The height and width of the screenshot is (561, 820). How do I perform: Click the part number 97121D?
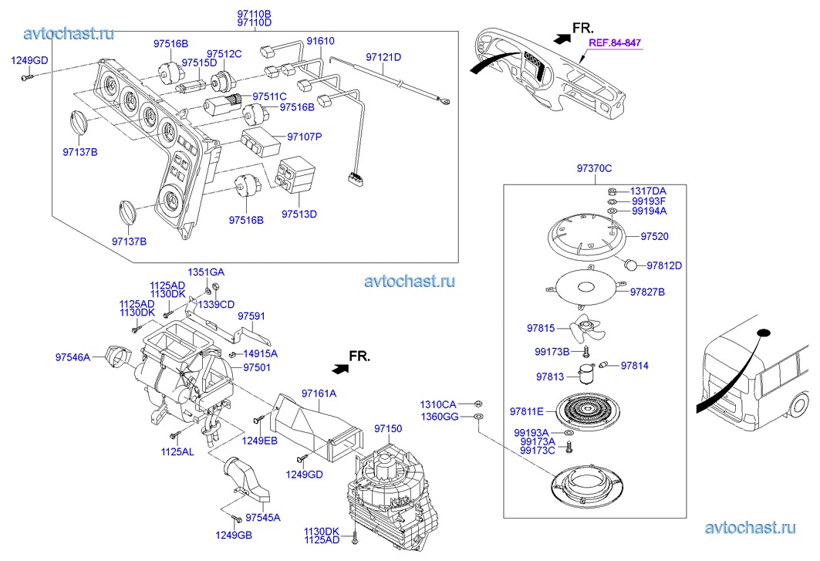[x=383, y=57]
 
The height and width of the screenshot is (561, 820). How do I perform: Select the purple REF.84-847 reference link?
[x=615, y=43]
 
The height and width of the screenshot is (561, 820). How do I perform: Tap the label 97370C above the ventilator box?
[x=594, y=168]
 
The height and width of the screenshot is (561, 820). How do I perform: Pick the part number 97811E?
[x=527, y=411]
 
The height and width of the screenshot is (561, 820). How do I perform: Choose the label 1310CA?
[x=438, y=404]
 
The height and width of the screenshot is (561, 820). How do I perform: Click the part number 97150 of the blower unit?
[x=388, y=428]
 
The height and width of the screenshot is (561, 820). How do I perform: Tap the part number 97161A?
[x=319, y=394]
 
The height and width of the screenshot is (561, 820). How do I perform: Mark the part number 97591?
[x=251, y=316]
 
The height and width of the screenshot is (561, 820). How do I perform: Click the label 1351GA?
[x=206, y=272]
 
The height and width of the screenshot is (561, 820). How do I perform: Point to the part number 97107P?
[x=305, y=137]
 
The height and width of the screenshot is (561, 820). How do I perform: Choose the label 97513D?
[x=299, y=214]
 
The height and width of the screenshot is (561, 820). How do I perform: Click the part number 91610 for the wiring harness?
[x=320, y=42]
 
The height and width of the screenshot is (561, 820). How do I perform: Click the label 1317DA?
[x=648, y=191]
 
